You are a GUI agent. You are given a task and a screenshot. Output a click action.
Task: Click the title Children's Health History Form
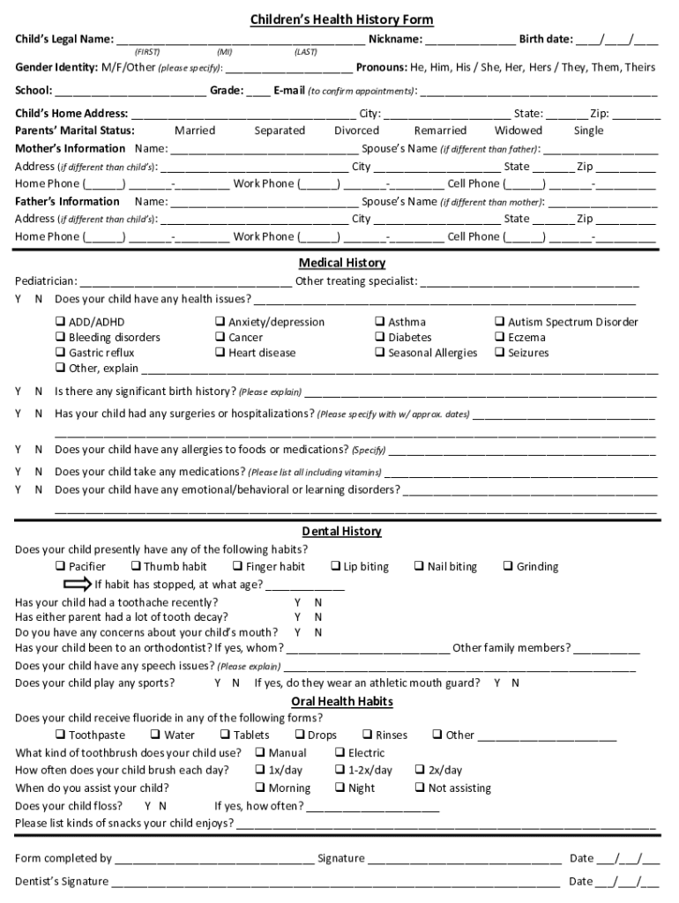pyautogui.click(x=341, y=19)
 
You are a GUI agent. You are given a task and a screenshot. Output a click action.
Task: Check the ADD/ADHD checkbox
pyautogui.click(x=61, y=322)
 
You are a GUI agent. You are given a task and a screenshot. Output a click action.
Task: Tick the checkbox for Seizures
pyautogui.click(x=499, y=353)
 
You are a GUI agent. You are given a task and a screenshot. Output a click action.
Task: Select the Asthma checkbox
pyautogui.click(x=380, y=322)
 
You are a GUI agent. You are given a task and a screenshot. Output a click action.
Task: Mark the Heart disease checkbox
pyautogui.click(x=220, y=353)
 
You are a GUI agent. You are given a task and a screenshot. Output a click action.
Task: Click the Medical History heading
pyautogui.click(x=341, y=263)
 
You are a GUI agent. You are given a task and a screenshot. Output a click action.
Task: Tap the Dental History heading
pyautogui.click(x=341, y=531)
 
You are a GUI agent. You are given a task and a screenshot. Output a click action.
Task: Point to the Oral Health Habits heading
pyautogui.click(x=341, y=701)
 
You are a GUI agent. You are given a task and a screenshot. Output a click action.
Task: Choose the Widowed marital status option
pyautogui.click(x=518, y=131)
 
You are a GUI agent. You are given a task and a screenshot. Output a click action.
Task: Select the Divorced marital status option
pyautogui.click(x=356, y=131)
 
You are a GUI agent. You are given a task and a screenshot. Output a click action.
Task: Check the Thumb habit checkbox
pyautogui.click(x=136, y=566)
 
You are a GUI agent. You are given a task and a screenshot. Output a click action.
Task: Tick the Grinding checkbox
pyautogui.click(x=508, y=566)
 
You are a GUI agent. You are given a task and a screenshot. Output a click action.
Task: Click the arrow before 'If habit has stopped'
pyautogui.click(x=78, y=584)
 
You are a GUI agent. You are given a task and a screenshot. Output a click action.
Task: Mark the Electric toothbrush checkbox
pyautogui.click(x=339, y=752)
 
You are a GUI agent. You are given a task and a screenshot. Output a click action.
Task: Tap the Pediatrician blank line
pyautogui.click(x=185, y=283)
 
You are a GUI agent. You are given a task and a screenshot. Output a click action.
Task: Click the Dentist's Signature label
pyautogui.click(x=62, y=881)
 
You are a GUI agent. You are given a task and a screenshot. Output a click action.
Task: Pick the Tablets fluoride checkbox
pyautogui.click(x=225, y=735)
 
